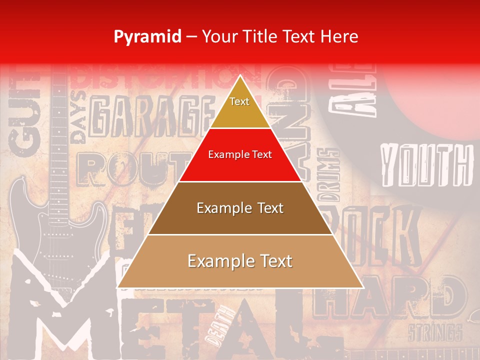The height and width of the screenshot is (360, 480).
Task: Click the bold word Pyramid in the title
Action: [147, 36]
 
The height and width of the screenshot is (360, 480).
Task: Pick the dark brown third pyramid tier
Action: [240, 208]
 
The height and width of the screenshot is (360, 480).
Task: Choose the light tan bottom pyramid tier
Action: [240, 261]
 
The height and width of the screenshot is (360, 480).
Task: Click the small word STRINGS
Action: [434, 332]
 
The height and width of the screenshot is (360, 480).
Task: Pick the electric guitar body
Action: [55, 225]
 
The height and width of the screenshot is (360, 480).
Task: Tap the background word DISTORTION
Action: [165, 77]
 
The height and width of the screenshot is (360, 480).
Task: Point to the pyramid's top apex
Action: [240, 76]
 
